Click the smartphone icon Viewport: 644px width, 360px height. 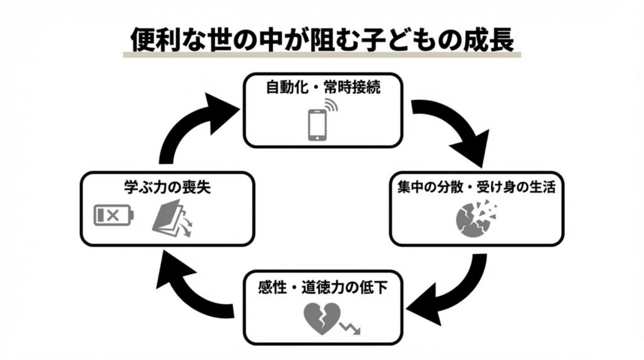pyautogui.click(x=317, y=125)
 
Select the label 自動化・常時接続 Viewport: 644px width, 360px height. pyautogui.click(x=323, y=86)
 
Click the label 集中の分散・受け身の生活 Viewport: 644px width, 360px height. pyautogui.click(x=476, y=187)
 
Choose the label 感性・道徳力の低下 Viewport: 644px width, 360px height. pyautogui.click(x=323, y=288)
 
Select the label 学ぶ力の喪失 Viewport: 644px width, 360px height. pyautogui.click(x=167, y=187)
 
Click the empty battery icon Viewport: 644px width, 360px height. pyautogui.click(x=114, y=216)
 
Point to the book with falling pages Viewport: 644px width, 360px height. pyautogui.click(x=172, y=220)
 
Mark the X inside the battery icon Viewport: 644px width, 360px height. pyautogui.click(x=113, y=216)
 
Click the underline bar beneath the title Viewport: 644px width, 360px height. pyautogui.click(x=322, y=55)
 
